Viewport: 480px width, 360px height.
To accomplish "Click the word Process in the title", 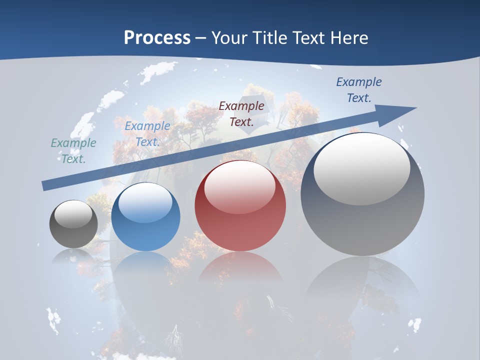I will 157,37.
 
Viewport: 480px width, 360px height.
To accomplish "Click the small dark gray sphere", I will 73,224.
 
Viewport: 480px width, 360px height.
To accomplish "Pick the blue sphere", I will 145,217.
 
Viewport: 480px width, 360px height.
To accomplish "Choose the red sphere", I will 240,206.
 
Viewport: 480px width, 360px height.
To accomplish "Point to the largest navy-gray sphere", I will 362,194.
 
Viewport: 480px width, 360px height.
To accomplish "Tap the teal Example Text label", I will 73,151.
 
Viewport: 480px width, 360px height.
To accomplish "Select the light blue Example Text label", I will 147,134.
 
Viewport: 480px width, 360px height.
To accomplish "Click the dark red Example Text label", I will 241,113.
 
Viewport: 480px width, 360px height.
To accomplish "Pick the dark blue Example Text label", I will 358,90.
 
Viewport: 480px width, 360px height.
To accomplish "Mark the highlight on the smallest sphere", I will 73,214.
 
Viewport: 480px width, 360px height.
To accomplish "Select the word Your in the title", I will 229,37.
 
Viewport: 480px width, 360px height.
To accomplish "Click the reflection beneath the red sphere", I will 240,270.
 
